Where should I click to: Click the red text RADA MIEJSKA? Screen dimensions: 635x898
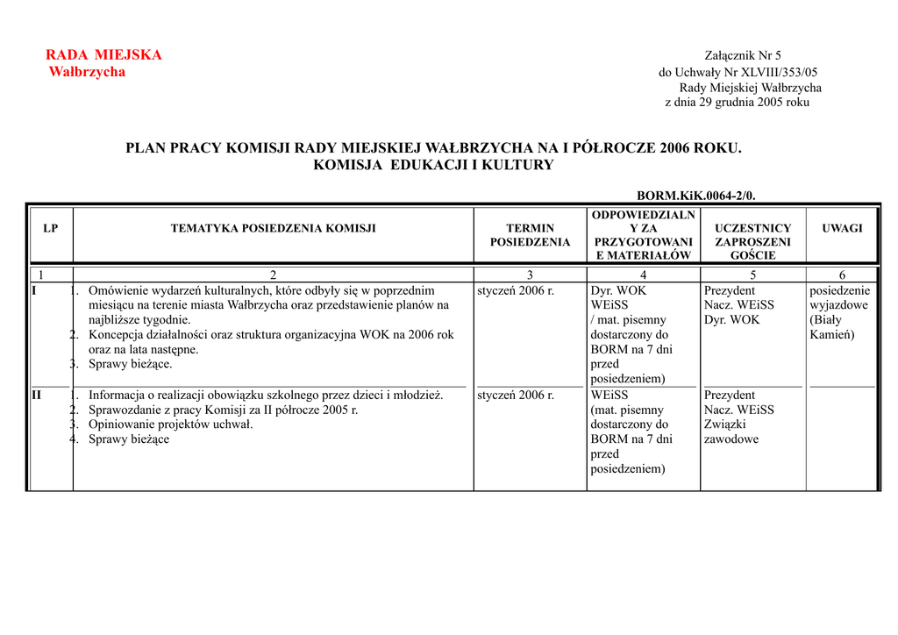pos(103,55)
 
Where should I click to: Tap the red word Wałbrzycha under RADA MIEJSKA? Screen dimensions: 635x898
pos(87,72)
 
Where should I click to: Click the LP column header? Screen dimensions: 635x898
pos(51,228)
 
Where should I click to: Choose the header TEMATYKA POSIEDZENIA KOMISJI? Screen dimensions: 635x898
pos(273,228)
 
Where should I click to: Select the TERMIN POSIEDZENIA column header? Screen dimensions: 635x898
pos(530,235)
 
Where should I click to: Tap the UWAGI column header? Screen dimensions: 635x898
pos(842,228)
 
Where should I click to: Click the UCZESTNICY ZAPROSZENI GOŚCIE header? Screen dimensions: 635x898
pos(752,241)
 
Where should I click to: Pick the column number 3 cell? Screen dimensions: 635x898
pos(530,275)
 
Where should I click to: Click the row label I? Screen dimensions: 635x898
pos(34,290)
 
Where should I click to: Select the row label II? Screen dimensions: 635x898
pos(36,395)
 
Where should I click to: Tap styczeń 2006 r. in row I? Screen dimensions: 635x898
pos(516,290)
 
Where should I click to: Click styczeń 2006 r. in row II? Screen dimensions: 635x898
pos(516,395)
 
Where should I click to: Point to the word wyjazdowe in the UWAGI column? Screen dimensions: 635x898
pos(840,305)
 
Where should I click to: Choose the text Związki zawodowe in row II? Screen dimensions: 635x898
pos(731,432)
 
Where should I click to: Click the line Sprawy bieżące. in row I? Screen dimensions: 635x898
pos(130,364)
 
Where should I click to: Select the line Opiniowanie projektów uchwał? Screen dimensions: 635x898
pos(170,425)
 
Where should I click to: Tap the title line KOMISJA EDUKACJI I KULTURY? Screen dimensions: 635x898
pos(433,165)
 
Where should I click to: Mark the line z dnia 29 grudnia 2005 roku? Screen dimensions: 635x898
pos(737,103)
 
